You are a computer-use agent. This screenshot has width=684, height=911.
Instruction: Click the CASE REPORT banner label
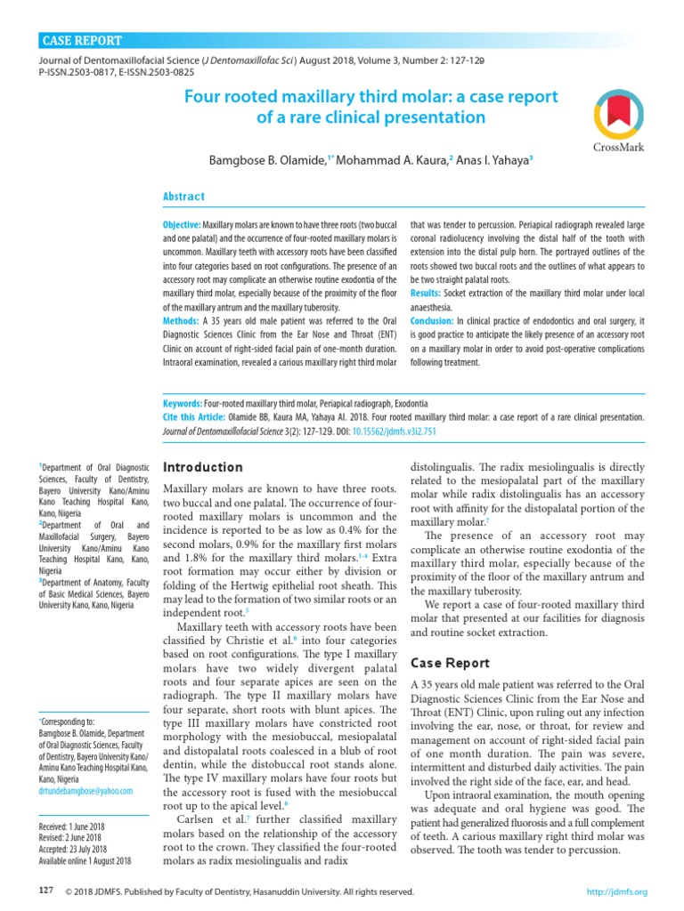(83, 41)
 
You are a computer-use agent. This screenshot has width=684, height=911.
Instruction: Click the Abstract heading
(183, 197)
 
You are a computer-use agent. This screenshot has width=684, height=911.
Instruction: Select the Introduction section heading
(203, 467)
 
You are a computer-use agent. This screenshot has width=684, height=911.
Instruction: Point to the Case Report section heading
(449, 663)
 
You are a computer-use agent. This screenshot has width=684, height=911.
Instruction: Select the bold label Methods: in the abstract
(182, 320)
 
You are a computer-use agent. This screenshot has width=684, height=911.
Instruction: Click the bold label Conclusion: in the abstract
(433, 320)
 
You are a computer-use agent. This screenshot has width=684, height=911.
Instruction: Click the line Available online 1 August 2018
(85, 860)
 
